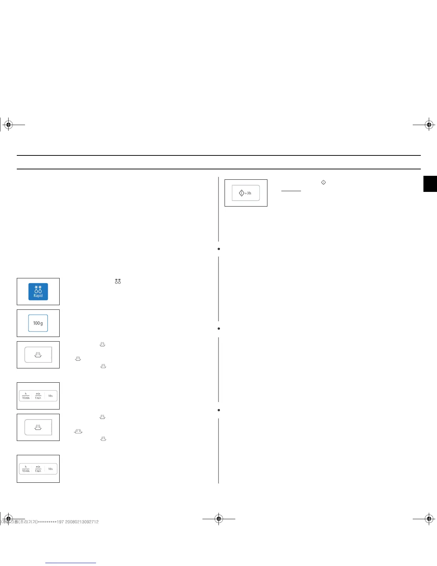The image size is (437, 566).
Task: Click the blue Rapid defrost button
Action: tap(38, 292)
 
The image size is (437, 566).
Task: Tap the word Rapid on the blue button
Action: tap(38, 296)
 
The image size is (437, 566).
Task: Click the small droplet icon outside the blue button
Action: tap(118, 281)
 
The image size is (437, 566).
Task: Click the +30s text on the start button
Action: tap(248, 193)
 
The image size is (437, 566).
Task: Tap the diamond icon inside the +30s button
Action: tap(241, 193)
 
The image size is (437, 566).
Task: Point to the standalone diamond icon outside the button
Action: tap(323, 182)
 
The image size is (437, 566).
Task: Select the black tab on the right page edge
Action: tap(430, 184)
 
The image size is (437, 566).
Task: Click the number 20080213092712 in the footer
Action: tap(82, 522)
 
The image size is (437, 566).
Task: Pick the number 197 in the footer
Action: tap(60, 522)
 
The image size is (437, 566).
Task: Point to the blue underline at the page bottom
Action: tap(71, 563)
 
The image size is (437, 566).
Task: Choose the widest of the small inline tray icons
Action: tap(78, 431)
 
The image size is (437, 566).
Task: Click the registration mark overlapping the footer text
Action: tap(8, 518)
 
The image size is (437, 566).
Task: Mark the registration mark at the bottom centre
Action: tap(219, 518)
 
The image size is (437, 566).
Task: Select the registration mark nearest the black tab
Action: tap(429, 125)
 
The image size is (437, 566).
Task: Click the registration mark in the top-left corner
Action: tap(8, 125)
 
